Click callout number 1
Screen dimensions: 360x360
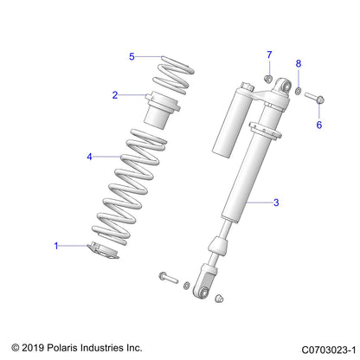58,247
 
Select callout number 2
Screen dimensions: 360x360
114,95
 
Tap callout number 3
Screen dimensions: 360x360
275,203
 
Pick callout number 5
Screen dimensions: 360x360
132,57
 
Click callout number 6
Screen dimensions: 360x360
318,125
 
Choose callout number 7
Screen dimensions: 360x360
268,55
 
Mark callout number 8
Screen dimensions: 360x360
299,64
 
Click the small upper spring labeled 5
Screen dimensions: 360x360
178,73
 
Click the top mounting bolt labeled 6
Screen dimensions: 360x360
315,97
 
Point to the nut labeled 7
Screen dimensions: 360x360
269,82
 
